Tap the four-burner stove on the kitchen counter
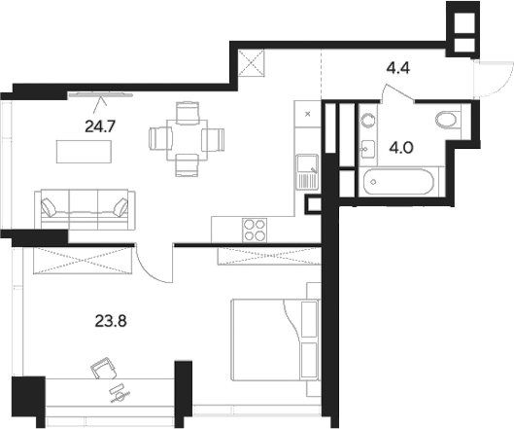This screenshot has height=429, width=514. click(x=255, y=230)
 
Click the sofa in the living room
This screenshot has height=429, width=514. click(x=83, y=207)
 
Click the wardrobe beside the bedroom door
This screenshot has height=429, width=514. click(x=84, y=259)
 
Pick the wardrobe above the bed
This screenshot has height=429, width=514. click(x=264, y=256)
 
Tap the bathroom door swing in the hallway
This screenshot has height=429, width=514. click(x=398, y=91)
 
